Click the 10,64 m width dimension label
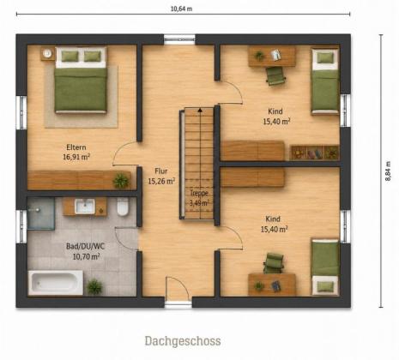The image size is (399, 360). point(181,9)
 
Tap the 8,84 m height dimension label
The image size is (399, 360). point(388,171)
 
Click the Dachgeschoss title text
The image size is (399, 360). point(183,341)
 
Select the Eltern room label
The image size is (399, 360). point(76,147)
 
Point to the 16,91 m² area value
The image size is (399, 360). point(76,157)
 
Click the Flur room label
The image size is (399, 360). point(161,171)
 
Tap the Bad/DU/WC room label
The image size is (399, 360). point(86,246)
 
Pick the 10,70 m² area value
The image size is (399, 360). point(86,256)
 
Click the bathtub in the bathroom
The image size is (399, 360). point(56,283)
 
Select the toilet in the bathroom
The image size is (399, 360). point(123,207)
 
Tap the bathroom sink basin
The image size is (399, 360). point(85,206)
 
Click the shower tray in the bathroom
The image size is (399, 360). point(41,213)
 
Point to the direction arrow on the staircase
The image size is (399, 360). point(200,110)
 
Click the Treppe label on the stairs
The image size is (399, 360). point(199,193)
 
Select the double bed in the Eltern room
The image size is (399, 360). point(81,81)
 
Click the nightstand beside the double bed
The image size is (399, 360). point(47,53)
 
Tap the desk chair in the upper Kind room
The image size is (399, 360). point(275,76)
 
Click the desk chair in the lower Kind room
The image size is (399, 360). point(273,263)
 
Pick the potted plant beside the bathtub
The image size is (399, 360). point(94,287)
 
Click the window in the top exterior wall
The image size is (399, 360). point(179,39)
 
